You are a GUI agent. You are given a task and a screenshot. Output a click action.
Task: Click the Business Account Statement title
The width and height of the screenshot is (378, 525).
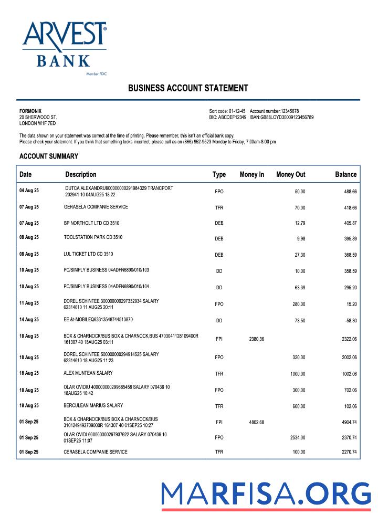point(188,88)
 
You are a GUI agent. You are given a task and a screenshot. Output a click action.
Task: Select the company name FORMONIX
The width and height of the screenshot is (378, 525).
point(29,111)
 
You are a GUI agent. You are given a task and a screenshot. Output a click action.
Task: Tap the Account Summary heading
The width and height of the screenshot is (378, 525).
point(49,156)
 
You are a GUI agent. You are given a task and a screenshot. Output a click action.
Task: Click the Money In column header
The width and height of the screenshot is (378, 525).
point(251,174)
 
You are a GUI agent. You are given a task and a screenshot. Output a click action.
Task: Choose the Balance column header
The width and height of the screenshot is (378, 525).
point(345,174)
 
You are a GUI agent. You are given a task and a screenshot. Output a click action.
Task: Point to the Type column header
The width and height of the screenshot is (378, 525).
point(219,174)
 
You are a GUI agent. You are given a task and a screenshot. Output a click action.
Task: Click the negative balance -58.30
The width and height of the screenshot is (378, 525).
point(349,320)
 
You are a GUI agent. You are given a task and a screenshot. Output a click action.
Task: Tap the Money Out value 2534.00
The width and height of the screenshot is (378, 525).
point(297,437)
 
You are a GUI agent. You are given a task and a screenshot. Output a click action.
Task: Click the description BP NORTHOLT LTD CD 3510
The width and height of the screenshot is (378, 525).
point(91,223)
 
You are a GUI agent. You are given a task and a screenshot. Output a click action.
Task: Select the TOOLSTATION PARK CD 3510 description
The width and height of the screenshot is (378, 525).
point(93,237)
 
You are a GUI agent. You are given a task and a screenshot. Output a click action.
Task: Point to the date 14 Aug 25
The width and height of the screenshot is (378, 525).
point(29,319)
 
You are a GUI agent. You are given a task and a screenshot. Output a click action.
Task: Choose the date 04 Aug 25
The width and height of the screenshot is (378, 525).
point(29,191)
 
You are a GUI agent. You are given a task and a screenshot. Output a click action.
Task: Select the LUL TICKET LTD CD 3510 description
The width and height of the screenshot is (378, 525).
point(88,254)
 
